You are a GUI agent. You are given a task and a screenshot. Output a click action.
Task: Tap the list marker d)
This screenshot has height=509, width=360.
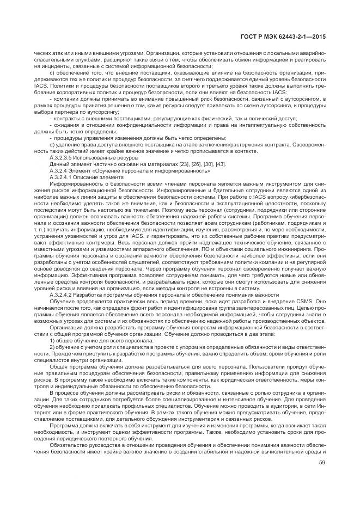[52, 144]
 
